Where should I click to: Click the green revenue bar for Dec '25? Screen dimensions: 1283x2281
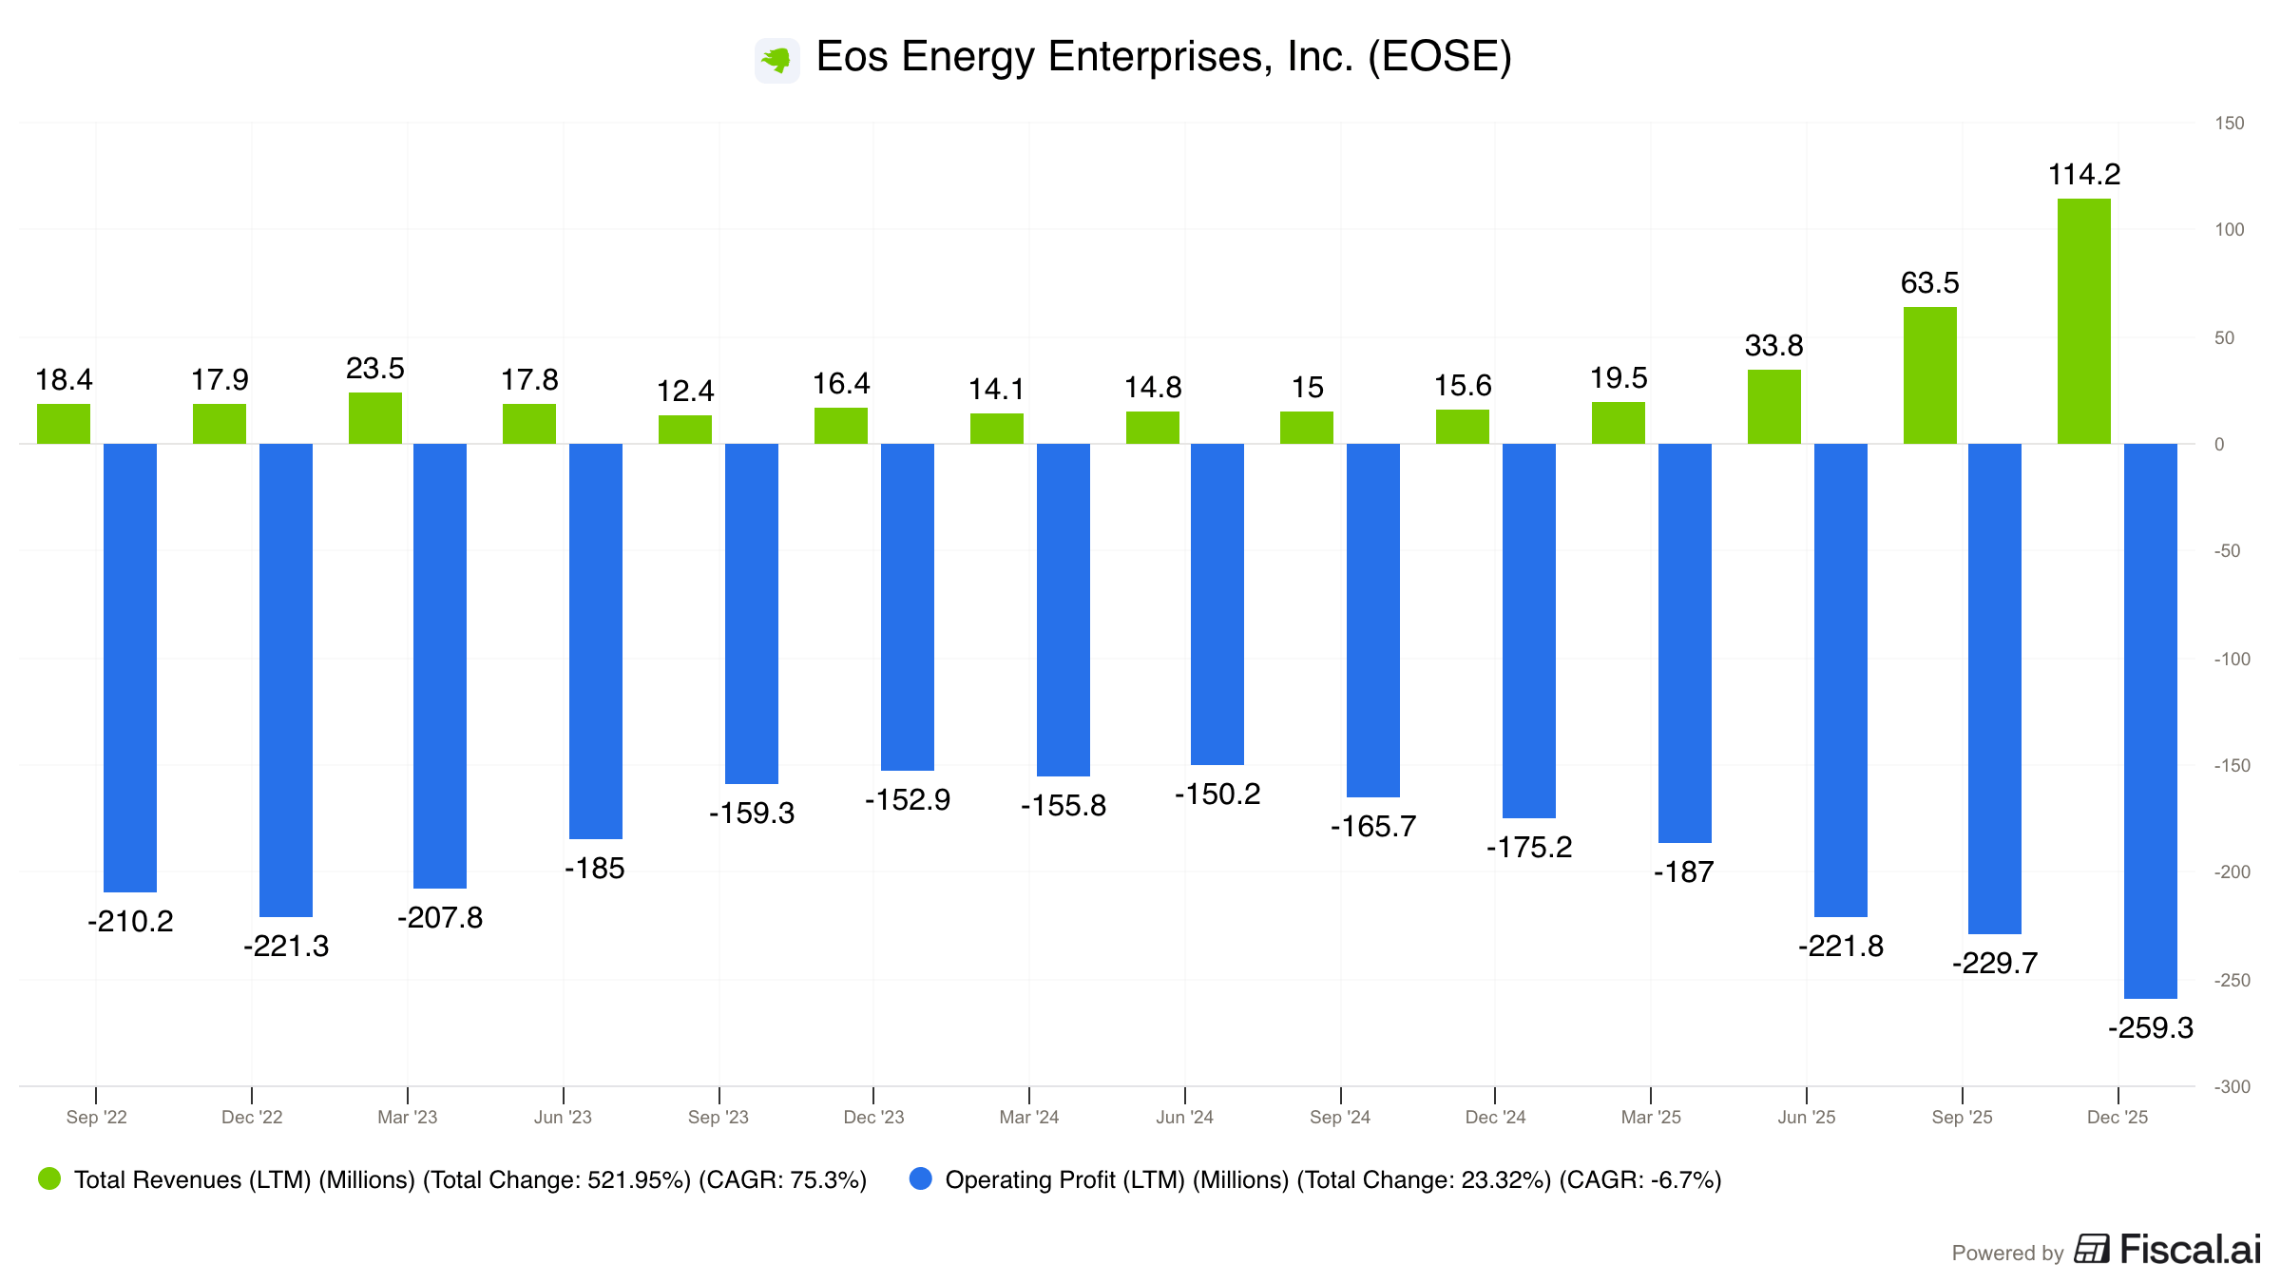pyautogui.click(x=2083, y=321)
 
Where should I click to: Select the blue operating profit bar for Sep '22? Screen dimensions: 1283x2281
pyautogui.click(x=130, y=667)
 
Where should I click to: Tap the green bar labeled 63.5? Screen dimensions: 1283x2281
pyautogui.click(x=1929, y=375)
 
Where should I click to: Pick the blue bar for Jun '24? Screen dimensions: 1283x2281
pyautogui.click(x=1217, y=603)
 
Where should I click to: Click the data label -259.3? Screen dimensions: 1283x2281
pyautogui.click(x=2150, y=1028)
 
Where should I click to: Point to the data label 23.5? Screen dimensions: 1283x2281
pyautogui.click(x=375, y=369)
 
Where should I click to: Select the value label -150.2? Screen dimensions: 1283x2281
pyautogui.click(x=1217, y=795)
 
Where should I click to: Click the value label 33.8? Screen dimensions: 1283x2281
pyautogui.click(x=1773, y=346)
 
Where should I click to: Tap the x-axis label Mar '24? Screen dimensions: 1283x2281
pyautogui.click(x=1029, y=1118)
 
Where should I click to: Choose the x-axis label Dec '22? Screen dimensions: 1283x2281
pyautogui.click(x=252, y=1118)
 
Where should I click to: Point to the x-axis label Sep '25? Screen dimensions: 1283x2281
pyautogui.click(x=1962, y=1118)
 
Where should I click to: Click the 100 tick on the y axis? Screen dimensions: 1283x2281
pyautogui.click(x=2229, y=230)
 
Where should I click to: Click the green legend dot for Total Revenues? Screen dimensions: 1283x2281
pyautogui.click(x=49, y=1179)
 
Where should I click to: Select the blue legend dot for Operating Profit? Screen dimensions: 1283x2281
pyautogui.click(x=920, y=1179)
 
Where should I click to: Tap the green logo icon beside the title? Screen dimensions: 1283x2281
pyautogui.click(x=777, y=60)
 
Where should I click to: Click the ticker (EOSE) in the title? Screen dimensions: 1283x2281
pyautogui.click(x=1439, y=57)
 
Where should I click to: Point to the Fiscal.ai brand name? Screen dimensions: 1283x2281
pyautogui.click(x=2190, y=1250)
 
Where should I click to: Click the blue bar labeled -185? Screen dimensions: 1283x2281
pyautogui.click(x=596, y=641)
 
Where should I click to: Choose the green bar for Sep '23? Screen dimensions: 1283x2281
pyautogui.click(x=685, y=430)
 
